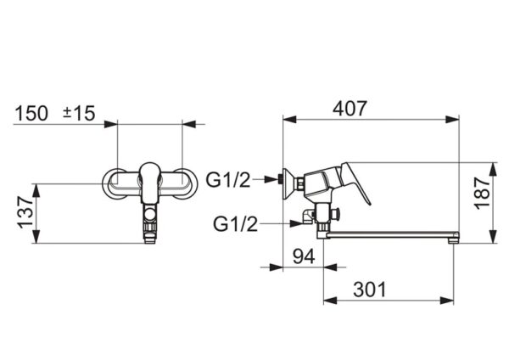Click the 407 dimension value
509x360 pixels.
click(350, 108)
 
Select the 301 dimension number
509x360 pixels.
click(370, 290)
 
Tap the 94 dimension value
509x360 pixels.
click(304, 256)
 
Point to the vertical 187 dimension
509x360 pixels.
click(483, 193)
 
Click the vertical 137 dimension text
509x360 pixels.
click(25, 212)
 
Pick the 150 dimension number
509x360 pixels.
click(31, 113)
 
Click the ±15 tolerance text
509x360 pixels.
click(79, 113)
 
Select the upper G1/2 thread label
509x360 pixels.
click(228, 180)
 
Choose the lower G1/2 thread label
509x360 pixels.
click(235, 224)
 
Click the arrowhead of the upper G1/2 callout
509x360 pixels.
click(271, 179)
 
